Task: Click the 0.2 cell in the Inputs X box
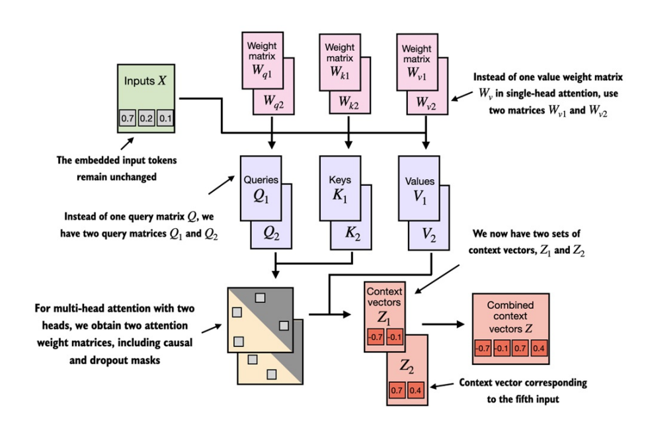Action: (146, 119)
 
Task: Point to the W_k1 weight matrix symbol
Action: (340, 73)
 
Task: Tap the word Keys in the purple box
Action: (339, 179)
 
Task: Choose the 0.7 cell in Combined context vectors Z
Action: (521, 346)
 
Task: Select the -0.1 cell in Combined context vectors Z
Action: (501, 346)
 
